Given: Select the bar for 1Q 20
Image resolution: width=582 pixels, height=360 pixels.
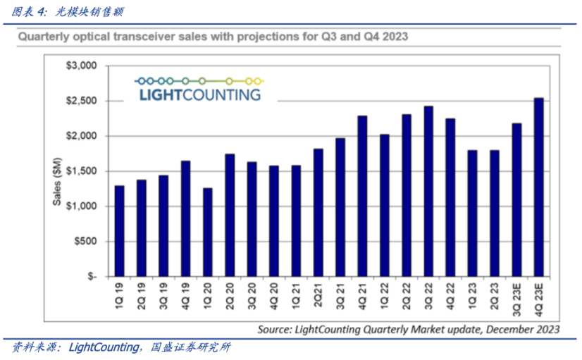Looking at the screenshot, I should point(207,232).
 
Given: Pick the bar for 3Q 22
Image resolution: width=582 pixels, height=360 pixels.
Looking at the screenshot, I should point(428,191).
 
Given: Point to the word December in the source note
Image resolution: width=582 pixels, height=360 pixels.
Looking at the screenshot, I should point(504,328).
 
